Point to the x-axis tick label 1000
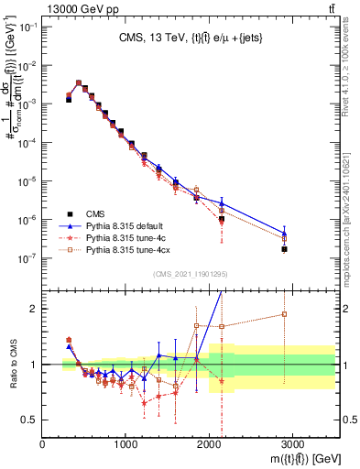[125, 444]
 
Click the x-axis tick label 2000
[209, 444]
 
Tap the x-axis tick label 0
[43, 444]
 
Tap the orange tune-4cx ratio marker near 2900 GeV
[284, 314]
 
